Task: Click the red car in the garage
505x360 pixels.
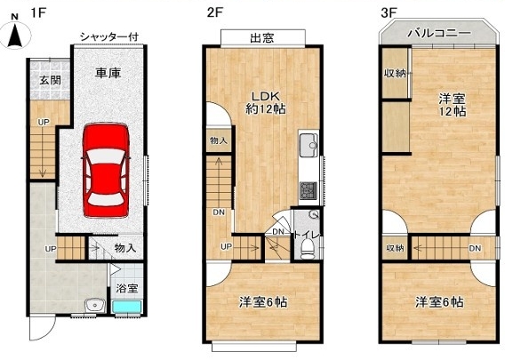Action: click(x=106, y=170)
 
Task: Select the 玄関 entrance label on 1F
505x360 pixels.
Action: click(x=51, y=80)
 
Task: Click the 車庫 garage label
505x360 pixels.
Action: click(x=108, y=73)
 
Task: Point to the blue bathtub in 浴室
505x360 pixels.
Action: click(x=127, y=307)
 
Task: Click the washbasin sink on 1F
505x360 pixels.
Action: click(x=94, y=305)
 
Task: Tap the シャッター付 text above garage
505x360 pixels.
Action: click(x=109, y=36)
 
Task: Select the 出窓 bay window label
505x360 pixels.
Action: click(x=262, y=38)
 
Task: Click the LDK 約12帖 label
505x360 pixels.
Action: click(x=265, y=103)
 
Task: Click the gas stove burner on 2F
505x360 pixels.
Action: click(x=309, y=190)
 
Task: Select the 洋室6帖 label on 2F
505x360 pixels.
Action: click(x=263, y=302)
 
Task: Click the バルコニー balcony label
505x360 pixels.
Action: click(x=439, y=33)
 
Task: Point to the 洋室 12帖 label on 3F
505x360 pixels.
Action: click(x=453, y=105)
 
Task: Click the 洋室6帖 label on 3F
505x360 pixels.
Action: click(x=439, y=302)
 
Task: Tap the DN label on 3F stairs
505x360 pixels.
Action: click(x=475, y=248)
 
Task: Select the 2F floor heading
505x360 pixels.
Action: click(x=215, y=12)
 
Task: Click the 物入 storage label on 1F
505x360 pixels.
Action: click(x=125, y=248)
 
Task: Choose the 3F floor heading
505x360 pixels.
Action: click(x=389, y=12)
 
